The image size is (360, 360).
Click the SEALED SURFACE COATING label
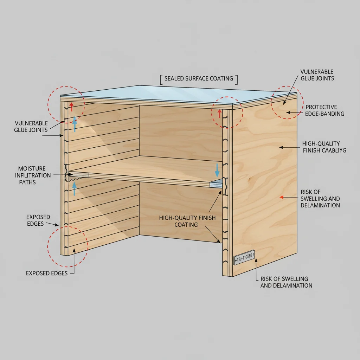coord(199,78)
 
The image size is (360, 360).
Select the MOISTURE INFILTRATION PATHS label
coord(32,175)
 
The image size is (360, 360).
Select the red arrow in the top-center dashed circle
coord(219,113)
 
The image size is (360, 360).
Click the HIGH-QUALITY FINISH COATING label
coord(187,221)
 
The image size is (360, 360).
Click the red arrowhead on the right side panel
coord(281,197)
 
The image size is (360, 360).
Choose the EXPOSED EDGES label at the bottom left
coord(47,273)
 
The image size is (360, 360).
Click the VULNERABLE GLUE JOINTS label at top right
coord(317,75)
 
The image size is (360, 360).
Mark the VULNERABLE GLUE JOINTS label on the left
coord(31,127)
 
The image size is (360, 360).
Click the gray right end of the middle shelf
coord(215,183)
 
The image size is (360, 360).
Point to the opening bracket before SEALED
coord(161,79)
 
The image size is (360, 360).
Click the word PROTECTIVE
coord(321,107)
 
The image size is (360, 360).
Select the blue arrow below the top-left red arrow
coord(75,125)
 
